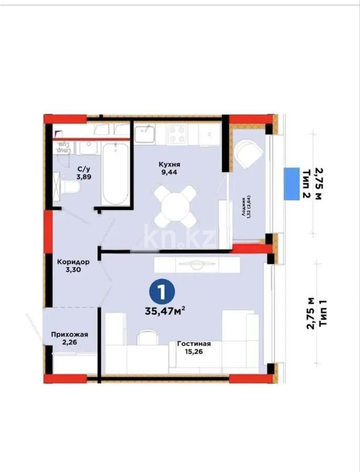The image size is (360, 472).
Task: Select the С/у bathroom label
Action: click(82, 169)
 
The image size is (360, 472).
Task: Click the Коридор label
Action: click(73, 262)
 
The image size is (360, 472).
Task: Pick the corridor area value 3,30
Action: click(73, 271)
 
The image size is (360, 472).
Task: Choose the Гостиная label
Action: click(194, 344)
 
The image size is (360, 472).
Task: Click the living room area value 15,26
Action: click(194, 352)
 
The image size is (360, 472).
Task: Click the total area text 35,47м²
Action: click(165, 310)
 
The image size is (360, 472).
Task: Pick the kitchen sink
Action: click(145, 134)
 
